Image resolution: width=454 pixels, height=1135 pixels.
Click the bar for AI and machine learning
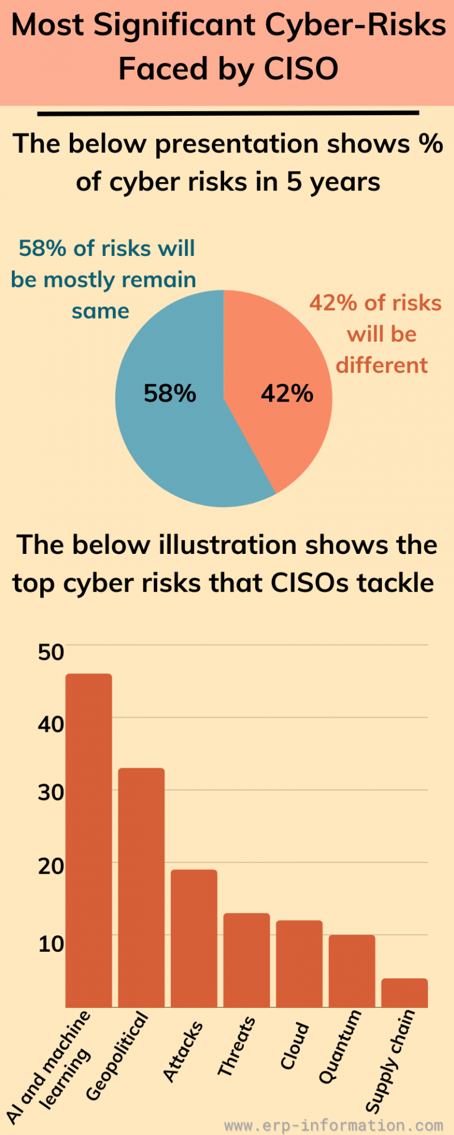(89, 839)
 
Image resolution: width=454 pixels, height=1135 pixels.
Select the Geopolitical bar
(141, 887)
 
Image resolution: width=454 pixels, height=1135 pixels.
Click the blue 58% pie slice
(171, 414)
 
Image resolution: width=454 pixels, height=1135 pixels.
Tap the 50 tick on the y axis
(51, 652)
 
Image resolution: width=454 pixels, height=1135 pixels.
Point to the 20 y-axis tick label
(51, 866)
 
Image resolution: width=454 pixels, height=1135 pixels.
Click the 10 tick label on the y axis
(51, 943)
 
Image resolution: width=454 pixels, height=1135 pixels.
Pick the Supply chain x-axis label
(390, 1061)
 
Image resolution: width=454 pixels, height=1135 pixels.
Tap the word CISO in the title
(301, 69)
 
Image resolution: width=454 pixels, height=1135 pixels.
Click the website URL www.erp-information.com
(333, 1124)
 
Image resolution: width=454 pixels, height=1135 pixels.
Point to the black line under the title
(228, 112)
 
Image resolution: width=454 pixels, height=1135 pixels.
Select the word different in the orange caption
(382, 365)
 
